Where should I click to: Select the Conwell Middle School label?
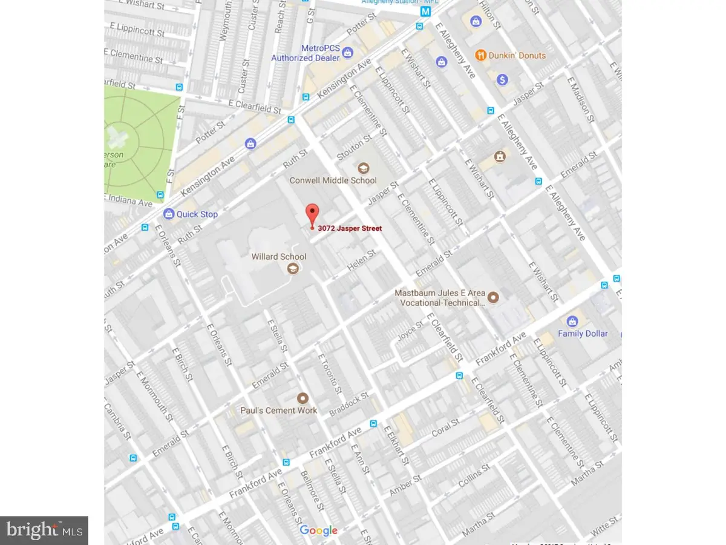pos(333,180)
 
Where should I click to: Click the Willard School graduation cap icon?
pos(293,269)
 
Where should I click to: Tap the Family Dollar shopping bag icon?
pos(571,321)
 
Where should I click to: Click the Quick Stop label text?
pos(197,214)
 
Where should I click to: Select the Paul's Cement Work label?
pos(280,410)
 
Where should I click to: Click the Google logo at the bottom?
pos(319,531)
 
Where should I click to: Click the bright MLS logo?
pos(44,530)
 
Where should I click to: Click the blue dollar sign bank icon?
pos(502,79)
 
